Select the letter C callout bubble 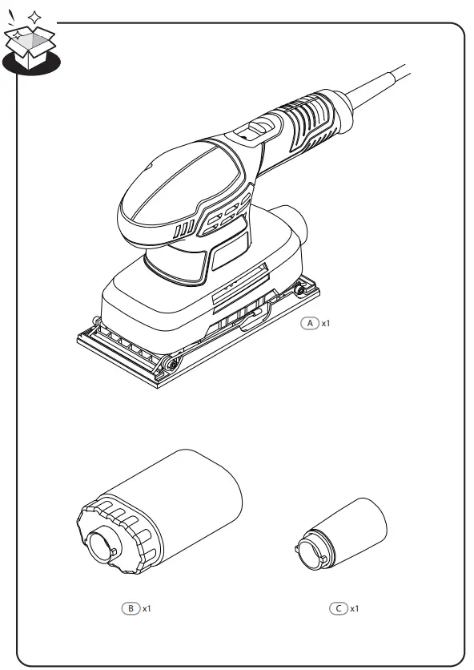(339, 608)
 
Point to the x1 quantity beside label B (147, 608)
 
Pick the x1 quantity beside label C (355, 608)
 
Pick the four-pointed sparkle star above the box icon (35, 14)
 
